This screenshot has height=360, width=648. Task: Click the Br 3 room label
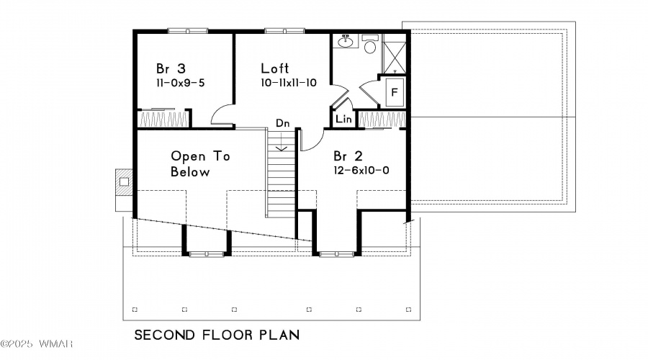pyautogui.click(x=171, y=68)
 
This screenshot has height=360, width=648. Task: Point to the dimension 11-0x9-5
pyautogui.click(x=180, y=83)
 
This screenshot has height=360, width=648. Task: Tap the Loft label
pyautogui.click(x=275, y=68)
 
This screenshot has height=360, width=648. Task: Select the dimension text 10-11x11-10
pyautogui.click(x=289, y=83)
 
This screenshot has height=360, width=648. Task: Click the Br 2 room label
pyautogui.click(x=348, y=156)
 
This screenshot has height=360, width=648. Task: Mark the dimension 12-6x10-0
pyautogui.click(x=361, y=171)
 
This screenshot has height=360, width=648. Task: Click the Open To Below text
pyautogui.click(x=200, y=164)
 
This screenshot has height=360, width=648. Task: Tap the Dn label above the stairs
pyautogui.click(x=283, y=123)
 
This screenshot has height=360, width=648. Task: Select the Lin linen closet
pyautogui.click(x=344, y=119)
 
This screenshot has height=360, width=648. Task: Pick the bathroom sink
pyautogui.click(x=345, y=41)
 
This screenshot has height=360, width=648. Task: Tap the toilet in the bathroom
pyautogui.click(x=370, y=44)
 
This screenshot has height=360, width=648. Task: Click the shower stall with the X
pyautogui.click(x=395, y=54)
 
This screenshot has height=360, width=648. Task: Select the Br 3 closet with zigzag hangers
pyautogui.click(x=163, y=119)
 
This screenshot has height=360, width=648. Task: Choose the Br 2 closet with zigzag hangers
pyautogui.click(x=382, y=120)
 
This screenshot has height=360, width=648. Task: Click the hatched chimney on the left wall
pyautogui.click(x=124, y=182)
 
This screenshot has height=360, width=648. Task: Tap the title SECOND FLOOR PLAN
pyautogui.click(x=217, y=335)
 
